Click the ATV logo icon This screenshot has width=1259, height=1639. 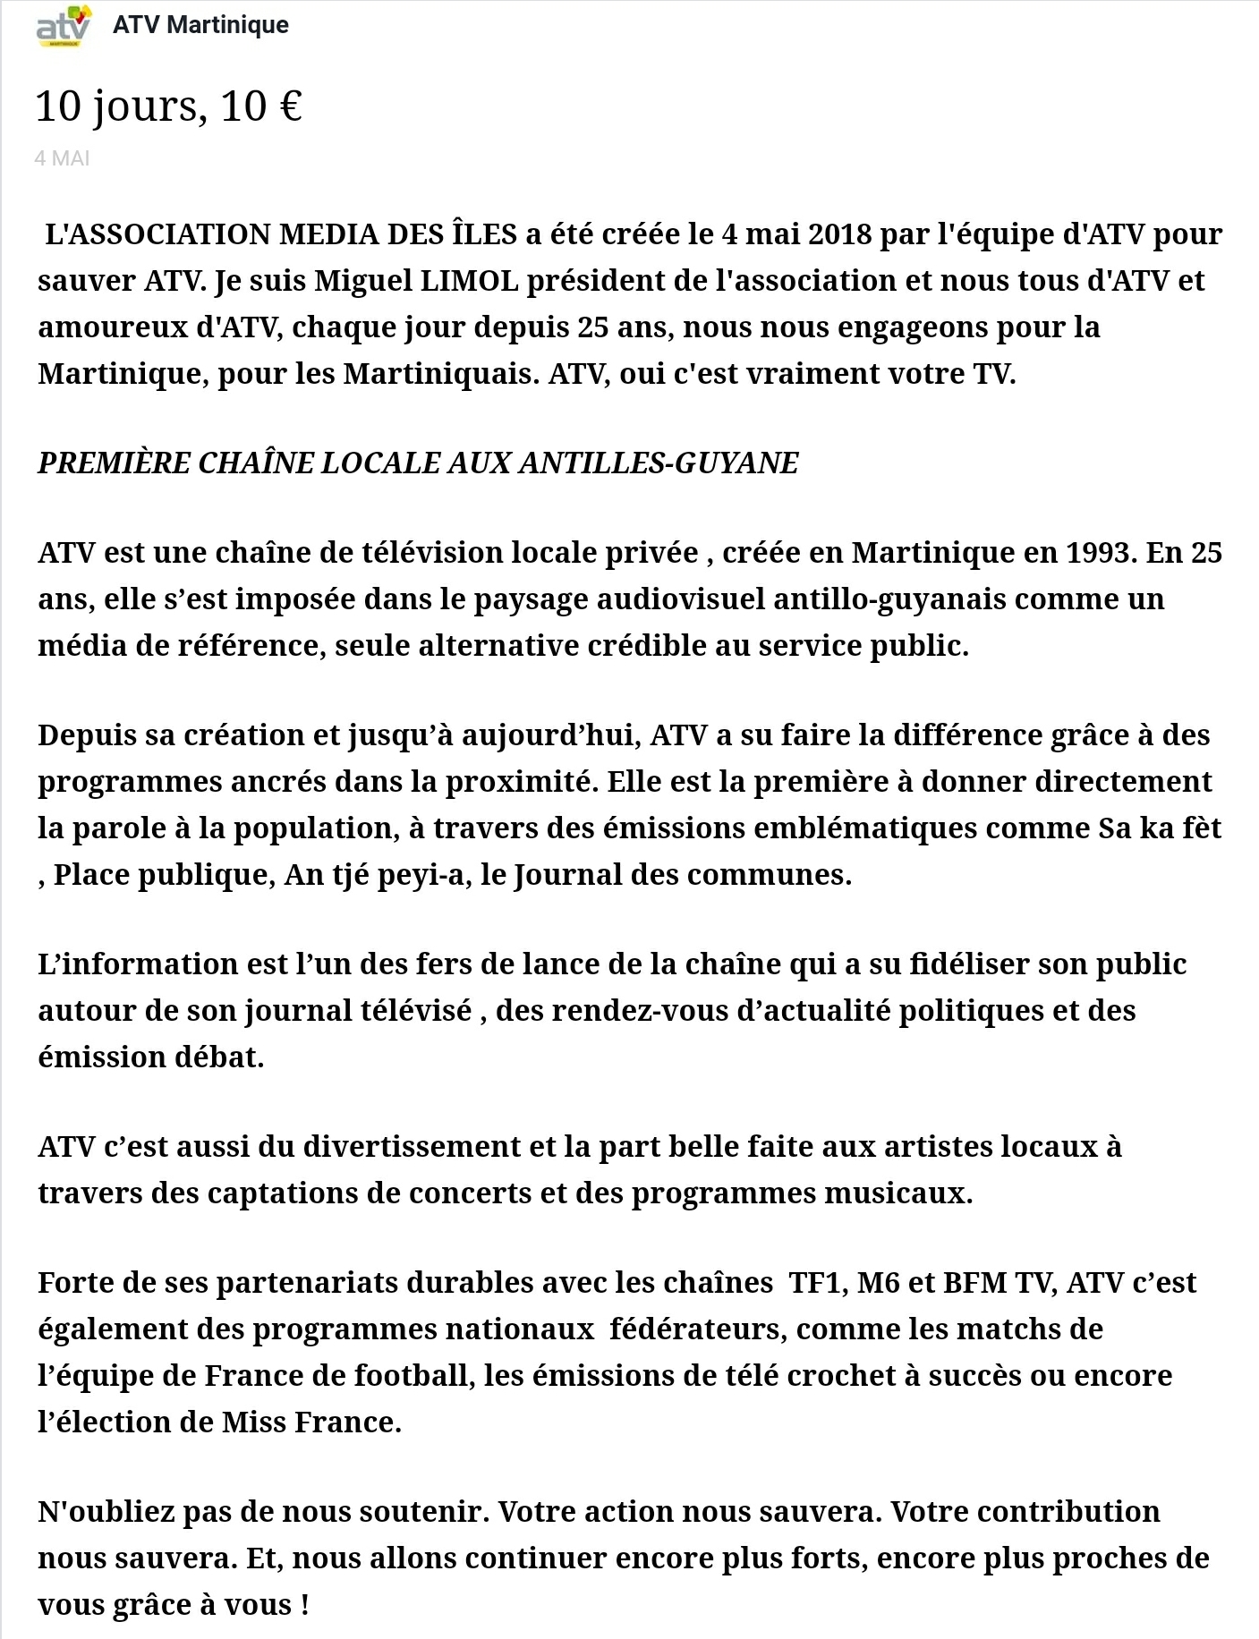tap(63, 25)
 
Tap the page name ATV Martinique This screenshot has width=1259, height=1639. tap(200, 25)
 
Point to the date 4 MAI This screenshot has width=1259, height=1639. tap(62, 158)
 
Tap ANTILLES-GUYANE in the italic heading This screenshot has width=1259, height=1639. tap(658, 463)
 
